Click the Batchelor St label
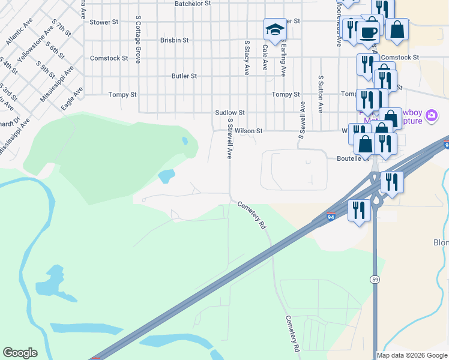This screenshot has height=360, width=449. click(x=193, y=4)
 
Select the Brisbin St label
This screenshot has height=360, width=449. click(x=175, y=40)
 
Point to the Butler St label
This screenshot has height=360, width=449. click(x=184, y=76)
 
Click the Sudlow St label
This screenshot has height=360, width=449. click(x=231, y=112)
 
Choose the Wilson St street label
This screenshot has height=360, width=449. click(x=249, y=130)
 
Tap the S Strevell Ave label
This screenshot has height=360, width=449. click(x=229, y=138)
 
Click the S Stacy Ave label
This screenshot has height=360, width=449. click(x=246, y=58)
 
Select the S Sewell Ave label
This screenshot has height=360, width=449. click(x=303, y=120)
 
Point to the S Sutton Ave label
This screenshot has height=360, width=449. click(x=321, y=94)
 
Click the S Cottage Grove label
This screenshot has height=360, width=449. click(x=138, y=40)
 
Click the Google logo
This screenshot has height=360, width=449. click(x=20, y=353)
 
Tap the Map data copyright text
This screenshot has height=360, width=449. click(x=412, y=355)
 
